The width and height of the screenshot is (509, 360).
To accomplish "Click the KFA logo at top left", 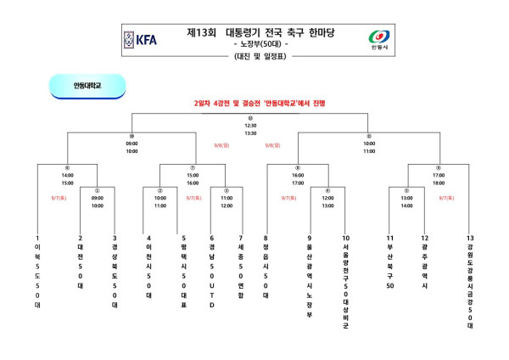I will pos(140,39).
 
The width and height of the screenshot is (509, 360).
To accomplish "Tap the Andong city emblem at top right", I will pos(379,40).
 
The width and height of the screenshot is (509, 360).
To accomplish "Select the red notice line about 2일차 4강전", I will pos(254,102).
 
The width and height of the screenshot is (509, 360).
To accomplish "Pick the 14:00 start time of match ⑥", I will pos(67,176).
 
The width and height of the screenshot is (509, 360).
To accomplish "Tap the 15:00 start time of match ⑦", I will pos(193,176).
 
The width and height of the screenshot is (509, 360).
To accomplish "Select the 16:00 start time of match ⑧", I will pos(298,176).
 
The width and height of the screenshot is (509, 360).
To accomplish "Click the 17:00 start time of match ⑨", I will pos(439,176).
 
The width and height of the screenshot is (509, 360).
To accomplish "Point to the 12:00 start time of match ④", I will pos(327,198).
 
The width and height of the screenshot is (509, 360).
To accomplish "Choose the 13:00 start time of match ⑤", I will pos(406,198).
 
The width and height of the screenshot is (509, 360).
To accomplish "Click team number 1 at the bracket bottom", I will pos(38,238).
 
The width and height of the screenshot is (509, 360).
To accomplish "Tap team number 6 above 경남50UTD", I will pos(211,238).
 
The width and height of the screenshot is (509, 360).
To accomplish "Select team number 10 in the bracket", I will pos(345,238).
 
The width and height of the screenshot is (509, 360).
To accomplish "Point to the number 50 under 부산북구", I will pos(390,285).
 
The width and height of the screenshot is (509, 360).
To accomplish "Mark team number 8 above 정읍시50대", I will pos(266,238).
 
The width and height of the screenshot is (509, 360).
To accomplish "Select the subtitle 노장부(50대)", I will pos(263,43).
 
